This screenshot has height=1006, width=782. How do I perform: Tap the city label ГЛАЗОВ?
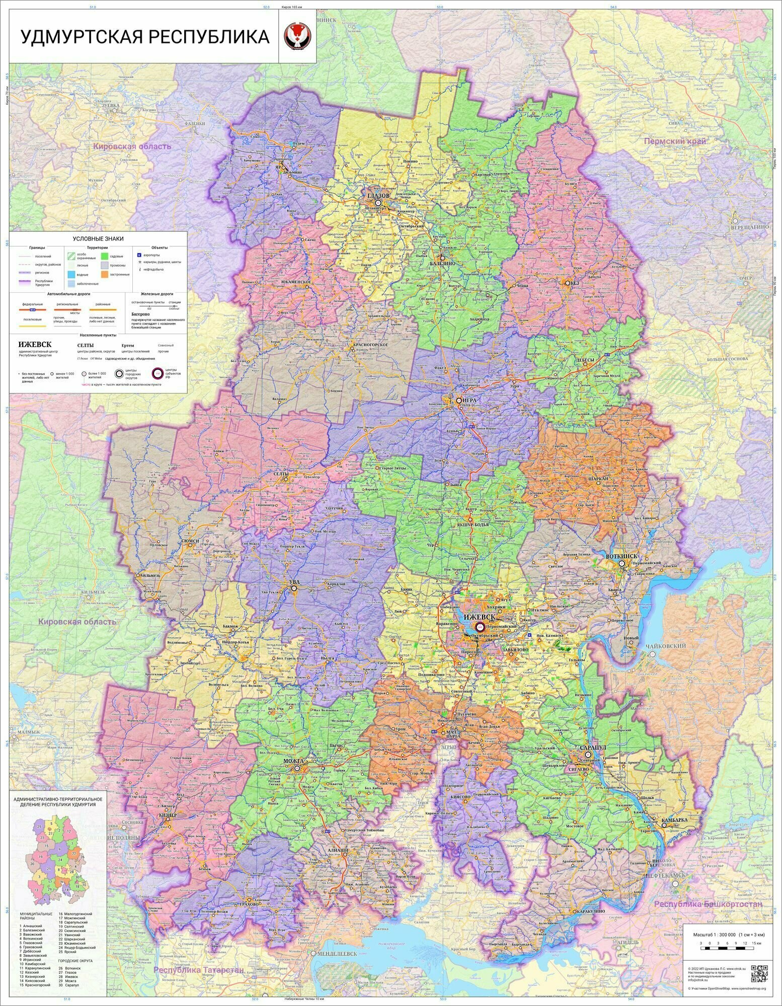(x=378, y=196)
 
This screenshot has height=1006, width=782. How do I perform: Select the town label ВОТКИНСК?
(x=622, y=556)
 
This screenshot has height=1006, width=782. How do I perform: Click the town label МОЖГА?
(x=294, y=762)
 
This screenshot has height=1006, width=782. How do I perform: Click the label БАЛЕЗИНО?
(x=443, y=263)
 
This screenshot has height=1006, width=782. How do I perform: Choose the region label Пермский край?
(x=675, y=141)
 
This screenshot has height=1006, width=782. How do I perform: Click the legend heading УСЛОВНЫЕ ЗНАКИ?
(x=98, y=238)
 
